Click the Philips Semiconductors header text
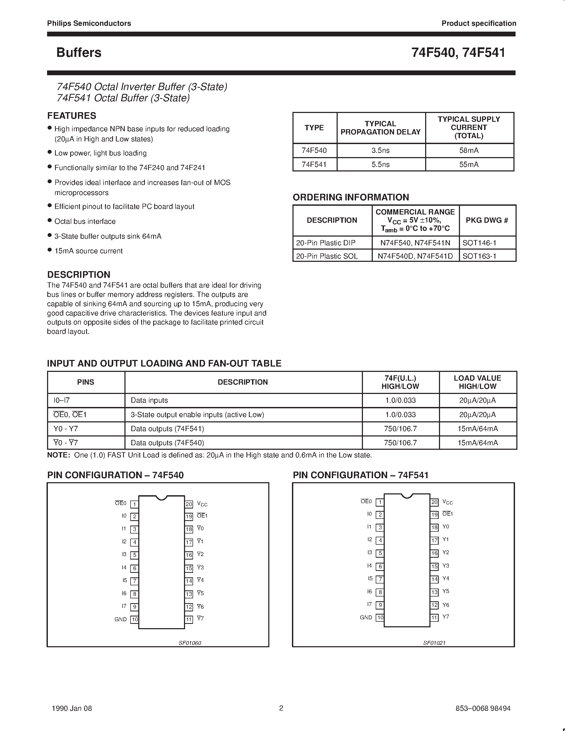tap(89, 23)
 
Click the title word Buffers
tap(79, 53)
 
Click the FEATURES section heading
tap(72, 116)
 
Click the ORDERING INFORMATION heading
tap(351, 197)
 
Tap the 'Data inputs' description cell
tap(149, 400)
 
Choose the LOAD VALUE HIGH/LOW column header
tap(477, 382)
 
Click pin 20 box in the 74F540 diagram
tap(189, 504)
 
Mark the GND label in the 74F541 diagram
tap(366, 617)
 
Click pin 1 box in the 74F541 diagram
tap(380, 502)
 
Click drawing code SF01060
tap(190, 643)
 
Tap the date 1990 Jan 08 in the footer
tap(72, 708)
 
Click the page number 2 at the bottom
tap(281, 708)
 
